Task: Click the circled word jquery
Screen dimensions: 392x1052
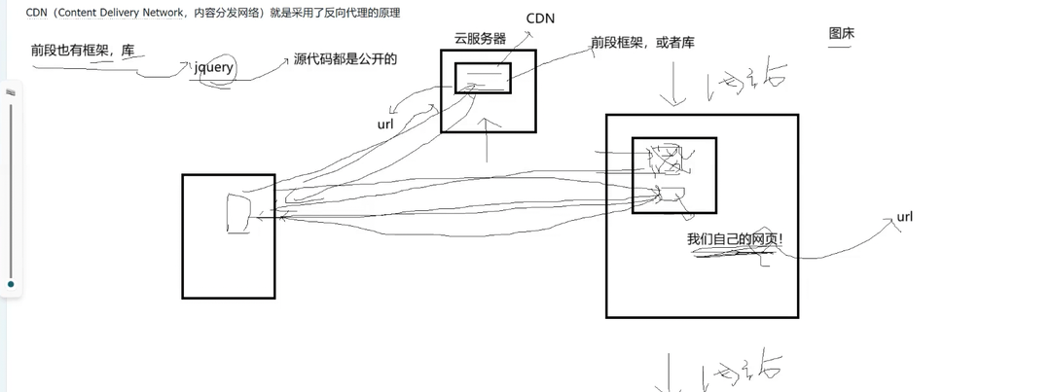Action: coord(214,69)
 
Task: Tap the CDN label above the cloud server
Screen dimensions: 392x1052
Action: coord(541,18)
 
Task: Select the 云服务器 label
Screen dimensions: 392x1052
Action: coord(480,39)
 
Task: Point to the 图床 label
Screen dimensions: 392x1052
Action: coord(842,34)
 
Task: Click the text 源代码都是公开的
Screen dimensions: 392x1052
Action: coord(345,59)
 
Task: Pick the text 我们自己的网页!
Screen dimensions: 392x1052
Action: coord(735,239)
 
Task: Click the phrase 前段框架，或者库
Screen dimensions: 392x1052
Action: coord(642,43)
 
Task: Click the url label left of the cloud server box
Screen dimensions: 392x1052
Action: coord(385,125)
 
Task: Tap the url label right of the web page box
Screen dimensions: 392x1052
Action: coord(905,217)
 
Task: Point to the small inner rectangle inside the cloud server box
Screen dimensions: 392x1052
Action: coord(483,78)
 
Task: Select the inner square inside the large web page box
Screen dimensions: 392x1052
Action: coord(673,175)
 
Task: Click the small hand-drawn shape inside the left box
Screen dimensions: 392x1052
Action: coord(237,214)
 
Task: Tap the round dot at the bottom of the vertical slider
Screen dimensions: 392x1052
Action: coord(11,285)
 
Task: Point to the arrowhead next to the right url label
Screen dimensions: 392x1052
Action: coord(889,223)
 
